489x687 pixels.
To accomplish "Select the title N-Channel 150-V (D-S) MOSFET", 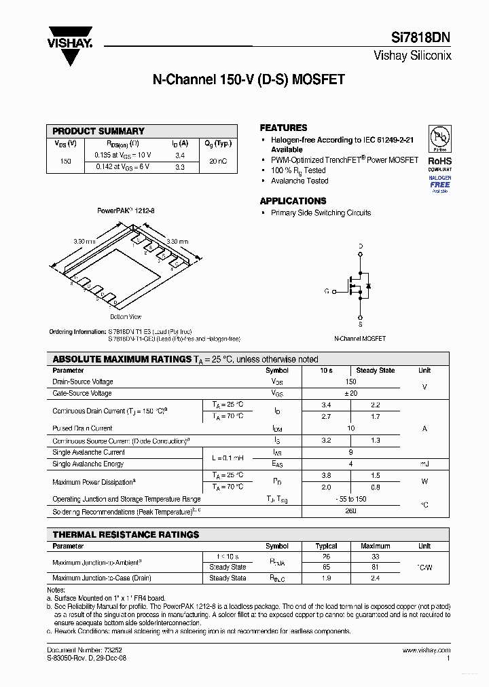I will [x=249, y=79].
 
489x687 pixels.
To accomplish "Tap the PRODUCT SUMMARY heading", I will [x=98, y=131].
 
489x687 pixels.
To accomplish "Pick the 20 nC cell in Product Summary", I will [x=219, y=161].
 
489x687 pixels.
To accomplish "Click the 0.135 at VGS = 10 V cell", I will [x=123, y=155].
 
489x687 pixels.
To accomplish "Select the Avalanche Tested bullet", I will [x=300, y=181].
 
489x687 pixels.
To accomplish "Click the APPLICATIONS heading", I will [x=293, y=201].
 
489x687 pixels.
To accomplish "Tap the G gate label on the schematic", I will [x=327, y=291].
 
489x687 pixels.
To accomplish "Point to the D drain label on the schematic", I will [x=361, y=246].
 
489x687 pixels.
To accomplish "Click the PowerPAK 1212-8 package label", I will [x=126, y=211].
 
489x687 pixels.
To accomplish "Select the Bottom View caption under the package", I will [x=126, y=316].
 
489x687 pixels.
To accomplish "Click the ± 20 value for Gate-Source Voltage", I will [x=350, y=394].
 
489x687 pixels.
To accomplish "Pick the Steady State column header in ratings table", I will [x=375, y=371].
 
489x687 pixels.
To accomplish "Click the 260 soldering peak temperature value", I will [x=350, y=511].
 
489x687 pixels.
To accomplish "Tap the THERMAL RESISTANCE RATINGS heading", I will [x=126, y=535].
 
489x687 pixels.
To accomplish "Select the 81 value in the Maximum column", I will [x=375, y=567].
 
